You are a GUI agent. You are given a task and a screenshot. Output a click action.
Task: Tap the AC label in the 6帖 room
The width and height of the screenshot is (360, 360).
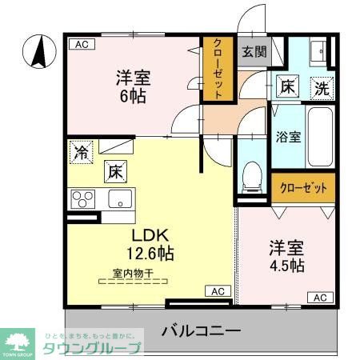point(80,45)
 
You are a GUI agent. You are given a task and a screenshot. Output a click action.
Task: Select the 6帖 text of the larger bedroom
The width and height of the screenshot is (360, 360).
point(134,95)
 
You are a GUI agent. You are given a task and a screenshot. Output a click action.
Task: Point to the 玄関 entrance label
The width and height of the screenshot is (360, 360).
point(254,52)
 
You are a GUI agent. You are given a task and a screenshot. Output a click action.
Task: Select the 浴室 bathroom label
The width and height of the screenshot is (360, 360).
point(288,136)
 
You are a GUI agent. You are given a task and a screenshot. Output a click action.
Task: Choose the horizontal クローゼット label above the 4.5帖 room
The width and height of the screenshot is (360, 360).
point(303,189)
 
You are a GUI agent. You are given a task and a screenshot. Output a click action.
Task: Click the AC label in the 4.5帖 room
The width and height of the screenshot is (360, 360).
point(319,298)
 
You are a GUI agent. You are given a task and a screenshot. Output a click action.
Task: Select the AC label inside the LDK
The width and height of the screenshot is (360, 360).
point(217,290)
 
